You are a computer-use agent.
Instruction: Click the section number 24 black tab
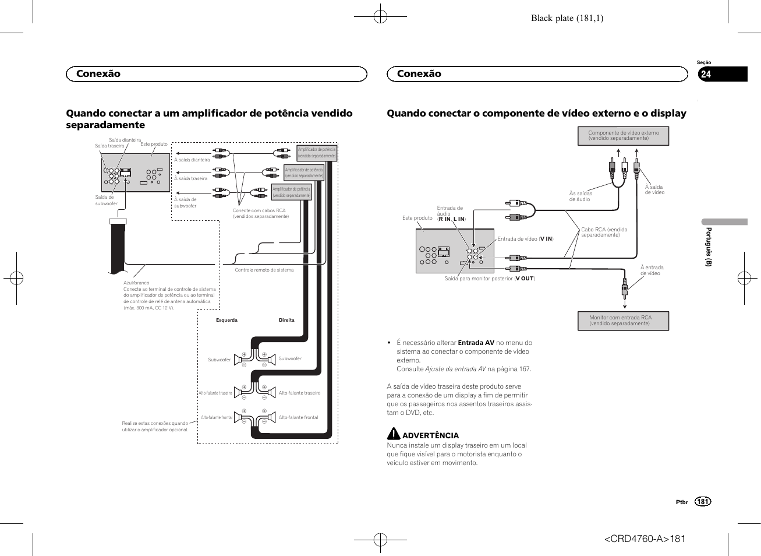722,74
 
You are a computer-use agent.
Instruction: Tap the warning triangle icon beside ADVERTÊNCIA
394,434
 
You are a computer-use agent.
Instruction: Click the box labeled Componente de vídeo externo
624,136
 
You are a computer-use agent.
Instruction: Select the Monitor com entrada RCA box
623,321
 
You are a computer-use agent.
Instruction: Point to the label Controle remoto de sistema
264,270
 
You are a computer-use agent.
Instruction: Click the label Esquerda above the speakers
226,320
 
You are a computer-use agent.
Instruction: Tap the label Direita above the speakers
286,320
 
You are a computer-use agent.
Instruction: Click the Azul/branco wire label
136,283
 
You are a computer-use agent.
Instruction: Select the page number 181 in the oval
703,502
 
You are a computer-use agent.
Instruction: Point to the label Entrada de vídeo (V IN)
525,239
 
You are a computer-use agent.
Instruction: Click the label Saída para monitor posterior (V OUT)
489,279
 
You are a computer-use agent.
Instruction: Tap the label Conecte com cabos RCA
260,213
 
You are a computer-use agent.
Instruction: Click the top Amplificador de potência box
317,153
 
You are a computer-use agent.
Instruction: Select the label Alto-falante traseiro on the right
299,393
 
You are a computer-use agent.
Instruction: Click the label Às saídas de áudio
581,196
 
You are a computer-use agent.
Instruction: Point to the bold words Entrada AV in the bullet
476,343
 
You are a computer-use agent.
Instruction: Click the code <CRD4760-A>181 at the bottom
645,539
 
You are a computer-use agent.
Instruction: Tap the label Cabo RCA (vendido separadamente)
604,232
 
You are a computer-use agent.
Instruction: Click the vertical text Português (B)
709,247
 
